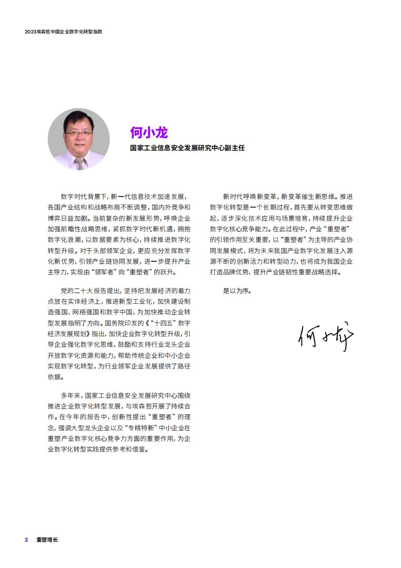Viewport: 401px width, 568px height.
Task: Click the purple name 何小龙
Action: [149, 133]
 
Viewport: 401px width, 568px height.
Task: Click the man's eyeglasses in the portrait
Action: [79, 133]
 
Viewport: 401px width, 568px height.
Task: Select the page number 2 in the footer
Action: [26, 540]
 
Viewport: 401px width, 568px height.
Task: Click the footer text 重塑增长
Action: [47, 540]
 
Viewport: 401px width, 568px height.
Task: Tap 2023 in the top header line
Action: [31, 31]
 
